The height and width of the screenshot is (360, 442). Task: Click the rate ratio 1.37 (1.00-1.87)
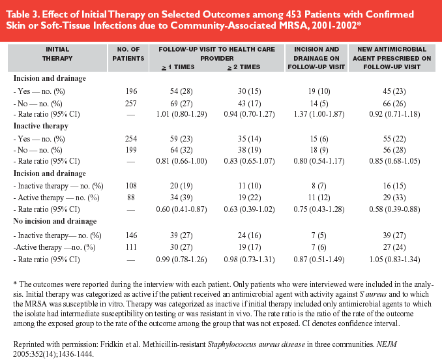pyautogui.click(x=319, y=114)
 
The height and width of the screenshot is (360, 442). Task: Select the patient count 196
pyautogui.click(x=131, y=91)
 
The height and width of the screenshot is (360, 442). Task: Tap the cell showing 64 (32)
pyautogui.click(x=181, y=150)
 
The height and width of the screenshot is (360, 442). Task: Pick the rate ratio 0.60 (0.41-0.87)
pyautogui.click(x=181, y=209)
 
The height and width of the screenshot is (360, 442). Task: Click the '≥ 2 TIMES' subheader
pyautogui.click(x=244, y=67)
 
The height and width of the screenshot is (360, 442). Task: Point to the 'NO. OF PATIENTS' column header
pyautogui.click(x=128, y=54)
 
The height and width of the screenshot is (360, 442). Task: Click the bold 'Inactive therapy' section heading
pyautogui.click(x=41, y=126)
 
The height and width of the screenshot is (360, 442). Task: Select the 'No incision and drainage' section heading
pyautogui.click(x=55, y=221)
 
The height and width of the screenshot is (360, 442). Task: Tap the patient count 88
pyautogui.click(x=131, y=198)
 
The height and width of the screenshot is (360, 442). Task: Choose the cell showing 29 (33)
pyautogui.click(x=394, y=198)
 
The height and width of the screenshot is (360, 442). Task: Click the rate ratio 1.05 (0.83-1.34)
pyautogui.click(x=394, y=260)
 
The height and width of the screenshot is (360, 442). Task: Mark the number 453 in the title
pyautogui.click(x=294, y=14)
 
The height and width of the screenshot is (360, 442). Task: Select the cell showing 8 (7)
pyautogui.click(x=319, y=186)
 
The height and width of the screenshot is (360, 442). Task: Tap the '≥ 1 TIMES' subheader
pyautogui.click(x=178, y=67)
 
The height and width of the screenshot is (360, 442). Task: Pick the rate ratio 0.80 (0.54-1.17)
pyautogui.click(x=319, y=161)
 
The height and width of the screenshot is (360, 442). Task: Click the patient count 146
pyautogui.click(x=131, y=235)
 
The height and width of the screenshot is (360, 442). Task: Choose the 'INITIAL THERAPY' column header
pyautogui.click(x=57, y=54)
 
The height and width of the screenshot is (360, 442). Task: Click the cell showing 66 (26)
pyautogui.click(x=394, y=104)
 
